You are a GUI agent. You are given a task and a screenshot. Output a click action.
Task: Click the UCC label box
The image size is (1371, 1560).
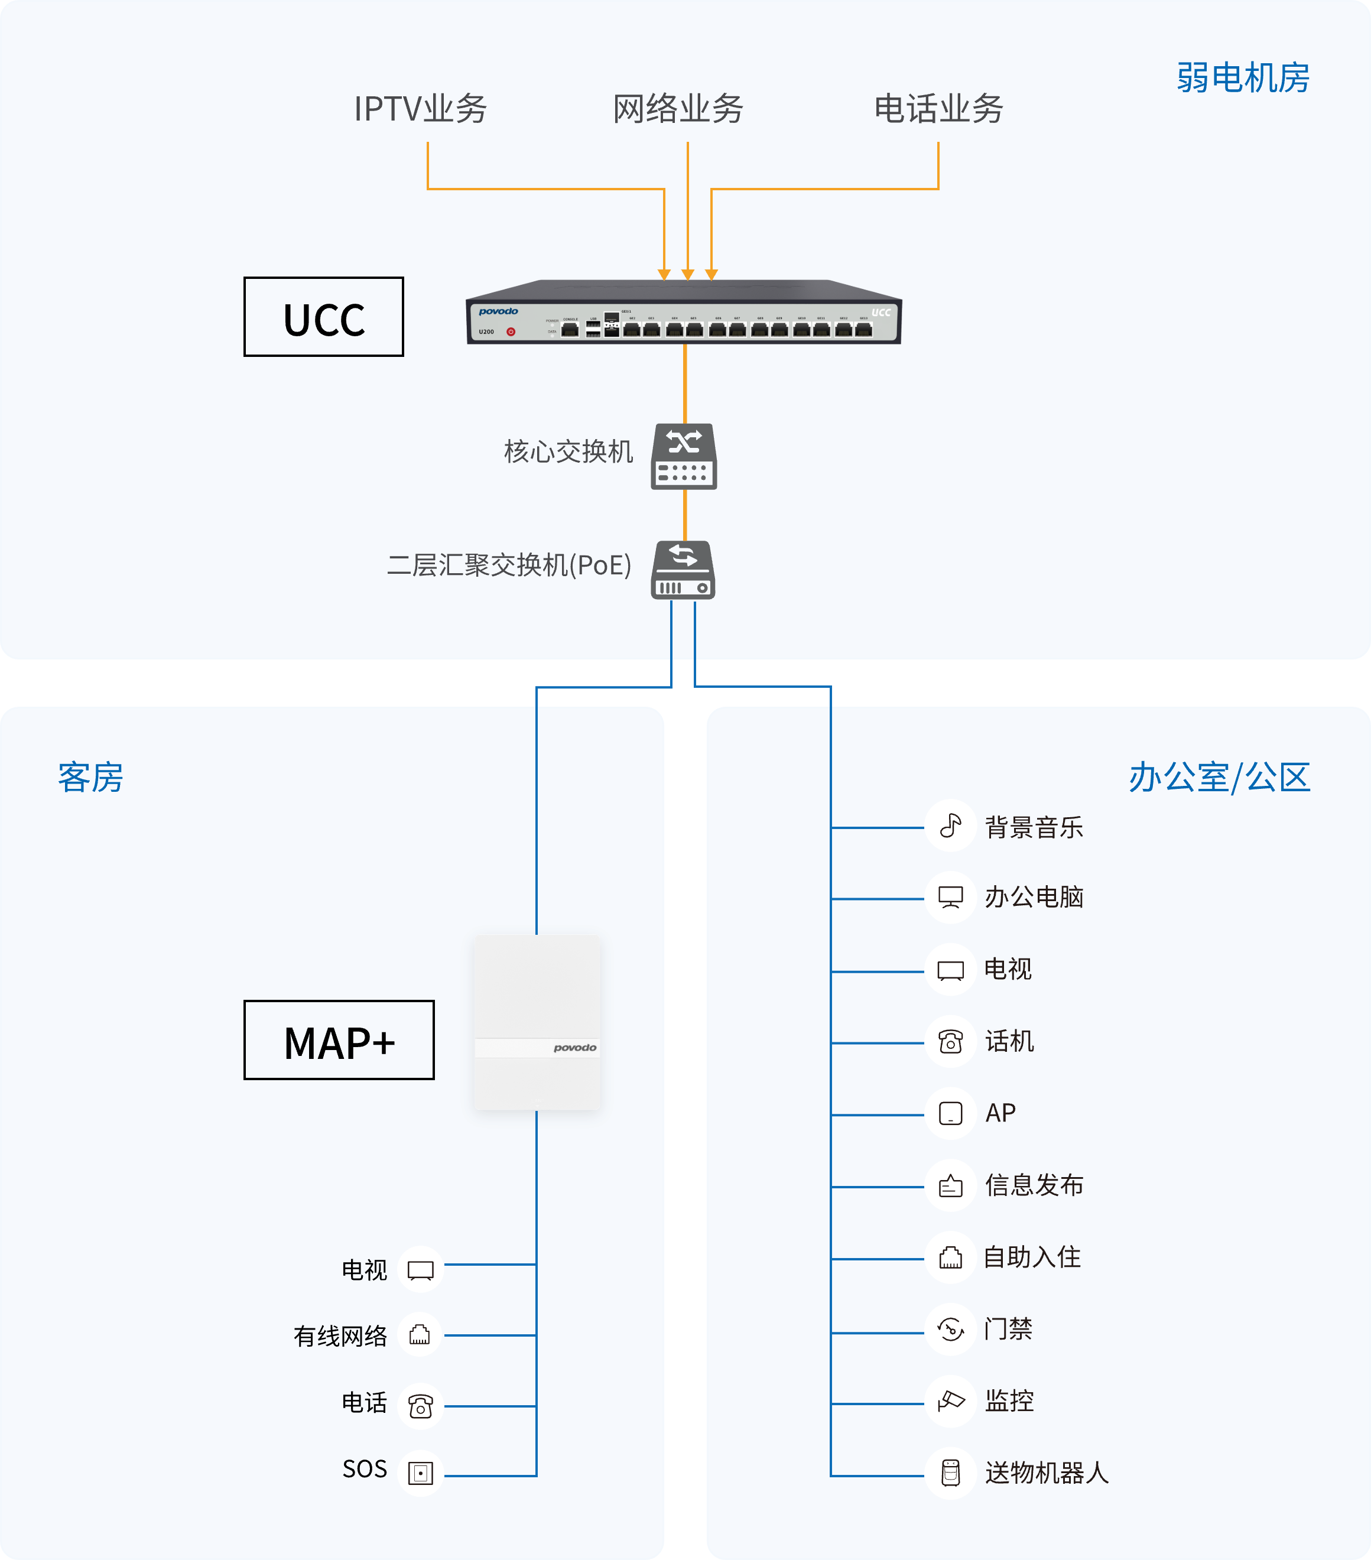click(x=324, y=317)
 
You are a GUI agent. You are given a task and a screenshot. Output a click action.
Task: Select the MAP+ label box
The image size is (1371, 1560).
click(x=339, y=1040)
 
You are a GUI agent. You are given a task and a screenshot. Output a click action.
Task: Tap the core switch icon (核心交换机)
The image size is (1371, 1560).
click(x=684, y=456)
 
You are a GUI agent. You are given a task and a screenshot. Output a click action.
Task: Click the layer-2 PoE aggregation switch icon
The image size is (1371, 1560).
click(x=683, y=570)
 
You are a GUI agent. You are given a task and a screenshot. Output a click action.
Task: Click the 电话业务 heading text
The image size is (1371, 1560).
click(x=938, y=108)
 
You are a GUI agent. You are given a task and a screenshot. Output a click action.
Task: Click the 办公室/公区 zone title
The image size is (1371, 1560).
click(x=1219, y=778)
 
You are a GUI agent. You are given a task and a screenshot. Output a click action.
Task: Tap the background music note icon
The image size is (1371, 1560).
click(x=950, y=825)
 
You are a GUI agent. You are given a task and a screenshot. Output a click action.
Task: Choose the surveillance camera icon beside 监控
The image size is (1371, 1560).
click(x=950, y=1401)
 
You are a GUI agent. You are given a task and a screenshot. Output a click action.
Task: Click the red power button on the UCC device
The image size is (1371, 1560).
click(x=511, y=332)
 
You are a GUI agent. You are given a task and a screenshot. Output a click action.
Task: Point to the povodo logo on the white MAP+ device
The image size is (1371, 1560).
click(x=575, y=1048)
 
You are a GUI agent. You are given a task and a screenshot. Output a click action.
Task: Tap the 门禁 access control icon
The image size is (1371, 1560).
click(x=950, y=1330)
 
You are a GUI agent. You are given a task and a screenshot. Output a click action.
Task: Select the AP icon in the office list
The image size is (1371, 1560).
click(x=950, y=1113)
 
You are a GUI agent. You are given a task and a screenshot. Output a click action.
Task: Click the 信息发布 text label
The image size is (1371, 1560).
click(x=1034, y=1185)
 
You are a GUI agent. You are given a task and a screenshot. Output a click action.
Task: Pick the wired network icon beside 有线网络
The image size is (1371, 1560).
click(x=420, y=1335)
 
